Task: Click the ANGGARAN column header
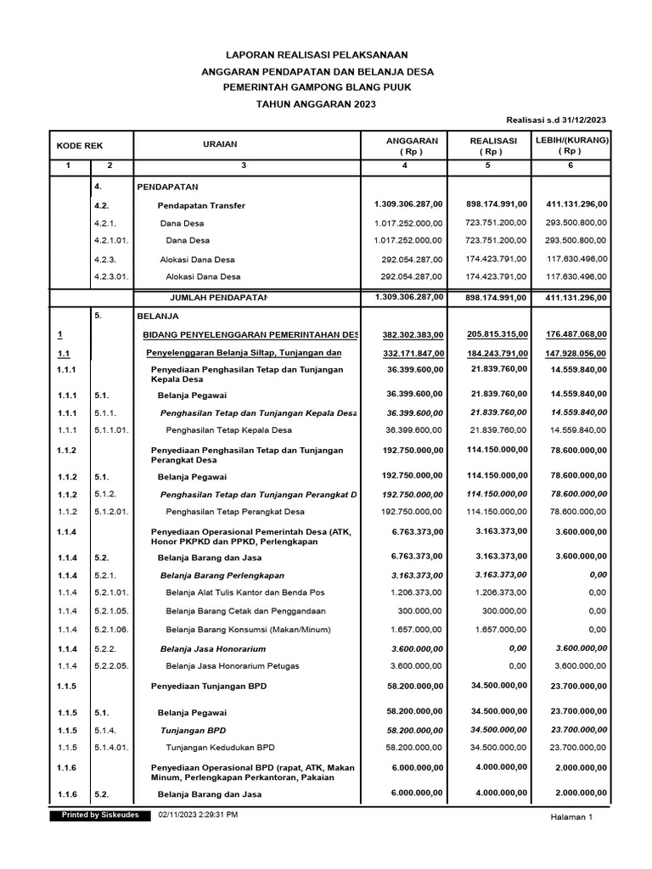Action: [412, 141]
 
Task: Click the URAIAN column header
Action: [220, 145]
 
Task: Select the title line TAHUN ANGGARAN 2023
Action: [316, 104]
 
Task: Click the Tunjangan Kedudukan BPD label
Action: [220, 747]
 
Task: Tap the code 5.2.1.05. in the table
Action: [111, 610]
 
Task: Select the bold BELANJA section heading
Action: [154, 315]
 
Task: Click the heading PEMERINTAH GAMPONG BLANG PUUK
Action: [316, 87]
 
